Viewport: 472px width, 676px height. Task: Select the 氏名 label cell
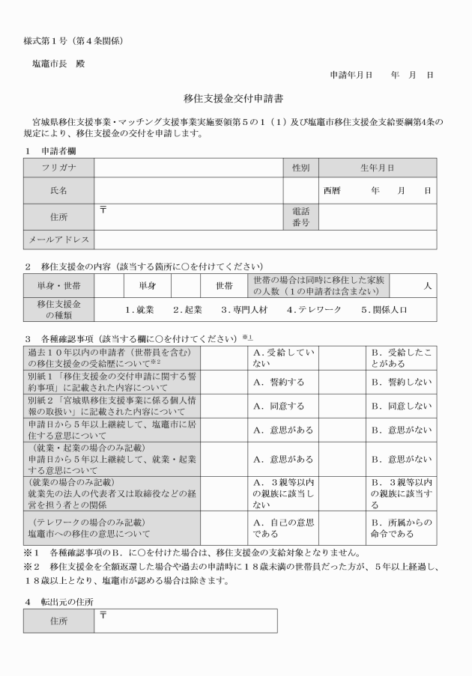[x=58, y=191]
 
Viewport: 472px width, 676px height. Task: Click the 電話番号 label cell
[x=300, y=217]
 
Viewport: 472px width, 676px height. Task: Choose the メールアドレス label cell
[x=58, y=240]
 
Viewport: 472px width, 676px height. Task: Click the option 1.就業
[x=139, y=308]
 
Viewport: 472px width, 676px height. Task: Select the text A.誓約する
[x=279, y=382]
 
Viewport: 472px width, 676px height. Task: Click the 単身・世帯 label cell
[x=58, y=285]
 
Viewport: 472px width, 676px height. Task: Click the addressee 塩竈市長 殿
[x=58, y=64]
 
